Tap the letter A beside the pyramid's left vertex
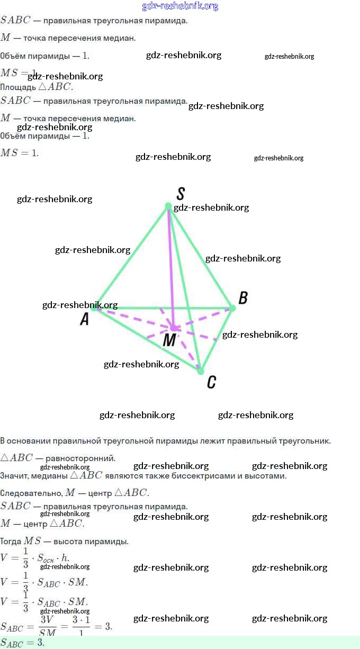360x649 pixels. [x=84, y=319]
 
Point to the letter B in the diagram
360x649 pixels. [x=243, y=298]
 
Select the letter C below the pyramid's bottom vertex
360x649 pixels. [x=211, y=382]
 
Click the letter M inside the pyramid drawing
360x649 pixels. [x=169, y=340]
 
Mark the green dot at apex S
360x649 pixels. [x=168, y=206]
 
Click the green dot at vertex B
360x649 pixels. [x=232, y=308]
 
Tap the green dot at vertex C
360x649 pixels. [x=201, y=371]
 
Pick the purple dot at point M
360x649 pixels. [x=174, y=328]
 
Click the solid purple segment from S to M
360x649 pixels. [x=171, y=265]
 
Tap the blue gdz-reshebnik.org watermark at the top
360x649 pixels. [x=180, y=6]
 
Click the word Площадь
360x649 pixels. [x=18, y=87]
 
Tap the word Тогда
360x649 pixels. [x=11, y=542]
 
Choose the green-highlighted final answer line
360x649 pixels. [x=180, y=642]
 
